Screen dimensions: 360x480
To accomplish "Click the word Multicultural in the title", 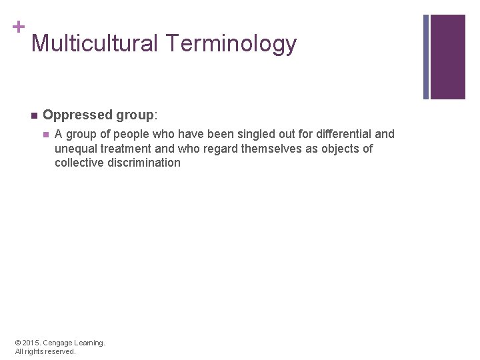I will [x=95, y=44].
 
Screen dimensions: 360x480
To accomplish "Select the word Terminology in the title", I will [x=231, y=44].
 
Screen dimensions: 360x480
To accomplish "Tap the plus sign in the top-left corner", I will [x=18, y=27].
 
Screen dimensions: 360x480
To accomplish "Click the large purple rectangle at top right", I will [x=447, y=57].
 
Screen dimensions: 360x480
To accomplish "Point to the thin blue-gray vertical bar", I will [x=426, y=57].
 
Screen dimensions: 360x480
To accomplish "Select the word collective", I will [x=79, y=163].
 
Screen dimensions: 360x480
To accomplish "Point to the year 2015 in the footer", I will [x=31, y=343].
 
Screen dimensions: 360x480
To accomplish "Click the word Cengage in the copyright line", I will [x=57, y=343].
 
